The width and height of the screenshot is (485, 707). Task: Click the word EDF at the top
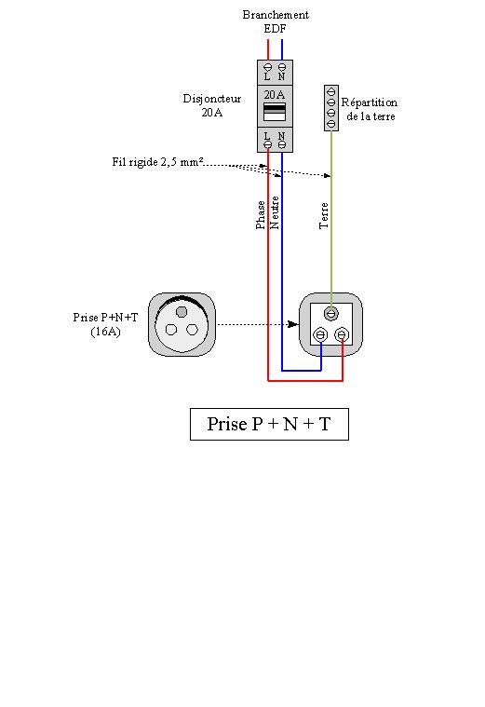[275, 28]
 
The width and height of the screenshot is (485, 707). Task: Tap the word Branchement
[276, 15]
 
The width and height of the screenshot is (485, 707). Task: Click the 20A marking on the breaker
[275, 95]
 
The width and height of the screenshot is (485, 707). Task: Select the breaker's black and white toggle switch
[275, 112]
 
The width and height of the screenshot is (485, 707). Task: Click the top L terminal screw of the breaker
[268, 67]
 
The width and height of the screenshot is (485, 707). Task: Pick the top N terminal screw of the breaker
[282, 67]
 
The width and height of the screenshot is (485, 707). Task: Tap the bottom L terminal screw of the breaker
[268, 144]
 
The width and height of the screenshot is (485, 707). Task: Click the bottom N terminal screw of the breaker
[282, 144]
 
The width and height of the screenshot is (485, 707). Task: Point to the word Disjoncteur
[212, 99]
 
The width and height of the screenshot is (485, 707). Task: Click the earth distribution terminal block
[331, 108]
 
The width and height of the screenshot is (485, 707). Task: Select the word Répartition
[370, 102]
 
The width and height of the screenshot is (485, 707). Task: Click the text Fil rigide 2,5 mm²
[157, 162]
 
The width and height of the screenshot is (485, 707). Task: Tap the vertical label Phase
[261, 215]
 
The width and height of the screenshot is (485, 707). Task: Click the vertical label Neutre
[274, 212]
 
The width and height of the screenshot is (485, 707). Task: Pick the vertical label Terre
[324, 215]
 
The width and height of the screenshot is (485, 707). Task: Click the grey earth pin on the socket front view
[182, 311]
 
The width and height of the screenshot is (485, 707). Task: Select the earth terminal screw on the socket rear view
[331, 313]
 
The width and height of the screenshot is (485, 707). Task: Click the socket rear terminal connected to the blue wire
[320, 335]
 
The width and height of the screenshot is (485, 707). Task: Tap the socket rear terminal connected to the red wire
[343, 335]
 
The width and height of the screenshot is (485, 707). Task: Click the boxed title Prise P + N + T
[269, 424]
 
